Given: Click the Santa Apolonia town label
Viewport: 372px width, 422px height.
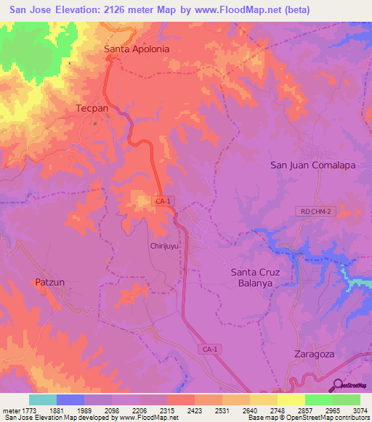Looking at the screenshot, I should (137, 49).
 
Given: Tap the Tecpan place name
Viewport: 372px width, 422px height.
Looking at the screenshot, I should (92, 107).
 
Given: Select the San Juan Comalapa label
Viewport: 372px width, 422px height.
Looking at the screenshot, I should (312, 165).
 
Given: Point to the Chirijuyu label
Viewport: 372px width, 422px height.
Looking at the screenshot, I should (165, 246).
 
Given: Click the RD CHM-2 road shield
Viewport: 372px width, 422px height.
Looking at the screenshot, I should (312, 211).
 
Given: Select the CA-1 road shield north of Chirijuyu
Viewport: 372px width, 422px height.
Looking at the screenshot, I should (163, 199).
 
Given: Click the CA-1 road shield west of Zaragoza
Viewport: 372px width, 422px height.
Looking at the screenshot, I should (206, 349).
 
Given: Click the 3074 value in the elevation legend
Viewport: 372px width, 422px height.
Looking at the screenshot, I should (360, 410).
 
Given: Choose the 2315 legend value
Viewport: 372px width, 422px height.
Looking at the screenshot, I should (167, 410).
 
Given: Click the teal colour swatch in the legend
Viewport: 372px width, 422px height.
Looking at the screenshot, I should (43, 400).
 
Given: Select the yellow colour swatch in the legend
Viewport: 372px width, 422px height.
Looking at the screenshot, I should (291, 400).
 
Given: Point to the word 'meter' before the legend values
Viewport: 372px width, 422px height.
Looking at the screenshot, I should (10, 410).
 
